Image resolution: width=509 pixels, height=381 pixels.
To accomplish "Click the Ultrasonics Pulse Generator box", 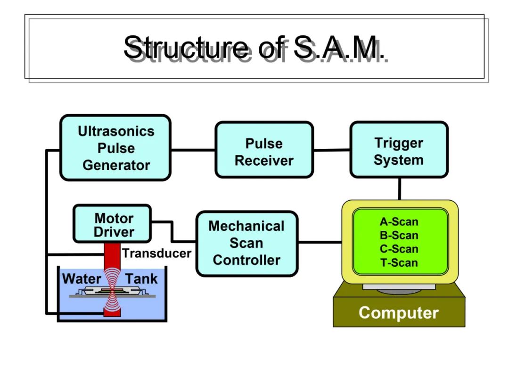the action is (x=115, y=148).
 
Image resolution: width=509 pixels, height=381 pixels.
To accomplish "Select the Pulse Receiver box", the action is (x=264, y=150).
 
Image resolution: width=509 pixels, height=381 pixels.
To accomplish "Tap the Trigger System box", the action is (x=399, y=150).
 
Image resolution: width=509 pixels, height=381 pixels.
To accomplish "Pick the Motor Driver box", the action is (x=112, y=224).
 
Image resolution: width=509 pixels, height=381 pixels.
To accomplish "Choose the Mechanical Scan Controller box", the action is (x=247, y=244).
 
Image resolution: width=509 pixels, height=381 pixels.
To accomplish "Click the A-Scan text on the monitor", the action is (x=399, y=222).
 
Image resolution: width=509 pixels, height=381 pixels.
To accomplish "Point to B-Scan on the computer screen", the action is (x=399, y=236).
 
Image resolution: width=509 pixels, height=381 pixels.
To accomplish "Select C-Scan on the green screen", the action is (x=399, y=249).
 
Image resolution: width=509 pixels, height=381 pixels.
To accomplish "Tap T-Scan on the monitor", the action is (x=399, y=262).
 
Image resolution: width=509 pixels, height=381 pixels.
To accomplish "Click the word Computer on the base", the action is (x=399, y=313).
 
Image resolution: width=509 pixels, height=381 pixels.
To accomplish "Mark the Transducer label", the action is (x=157, y=253).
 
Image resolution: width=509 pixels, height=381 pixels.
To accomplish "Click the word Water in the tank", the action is (x=82, y=279).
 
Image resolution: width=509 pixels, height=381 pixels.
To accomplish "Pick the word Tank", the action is (x=141, y=279).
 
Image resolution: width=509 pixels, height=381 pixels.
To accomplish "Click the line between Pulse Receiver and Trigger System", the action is (x=332, y=150).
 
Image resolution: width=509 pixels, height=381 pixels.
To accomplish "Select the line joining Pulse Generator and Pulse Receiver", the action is (x=193, y=150).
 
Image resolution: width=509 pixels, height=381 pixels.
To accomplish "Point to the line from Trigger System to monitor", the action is (x=400, y=189).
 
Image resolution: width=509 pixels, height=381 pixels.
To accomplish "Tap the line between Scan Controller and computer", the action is (x=320, y=242).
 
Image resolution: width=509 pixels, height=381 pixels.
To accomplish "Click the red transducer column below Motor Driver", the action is (x=112, y=255).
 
